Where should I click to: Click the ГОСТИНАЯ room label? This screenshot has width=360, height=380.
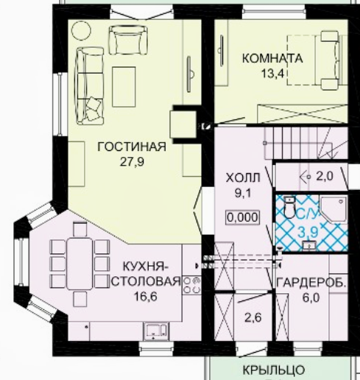132,147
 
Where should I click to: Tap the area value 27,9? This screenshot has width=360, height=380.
132,162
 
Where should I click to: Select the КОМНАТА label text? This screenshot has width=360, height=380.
272,59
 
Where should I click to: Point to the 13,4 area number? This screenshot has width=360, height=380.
272,73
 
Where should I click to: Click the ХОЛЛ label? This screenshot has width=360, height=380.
243,178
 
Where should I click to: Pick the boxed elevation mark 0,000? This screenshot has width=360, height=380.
243,217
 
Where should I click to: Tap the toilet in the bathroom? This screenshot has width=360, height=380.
290,207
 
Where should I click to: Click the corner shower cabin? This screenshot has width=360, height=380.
333,209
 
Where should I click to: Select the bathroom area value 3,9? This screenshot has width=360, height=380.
308,231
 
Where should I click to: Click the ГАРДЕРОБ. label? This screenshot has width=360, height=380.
311,284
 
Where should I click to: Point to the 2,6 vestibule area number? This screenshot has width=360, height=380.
253,317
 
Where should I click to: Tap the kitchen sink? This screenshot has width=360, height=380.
156,331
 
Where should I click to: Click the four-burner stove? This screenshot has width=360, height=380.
191,285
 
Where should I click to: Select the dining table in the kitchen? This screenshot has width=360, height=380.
80,264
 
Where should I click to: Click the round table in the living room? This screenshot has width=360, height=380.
81,30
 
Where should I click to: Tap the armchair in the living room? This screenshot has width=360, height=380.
128,40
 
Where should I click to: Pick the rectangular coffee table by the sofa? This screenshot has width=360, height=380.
124,87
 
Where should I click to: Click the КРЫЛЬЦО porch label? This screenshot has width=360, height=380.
274,370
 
